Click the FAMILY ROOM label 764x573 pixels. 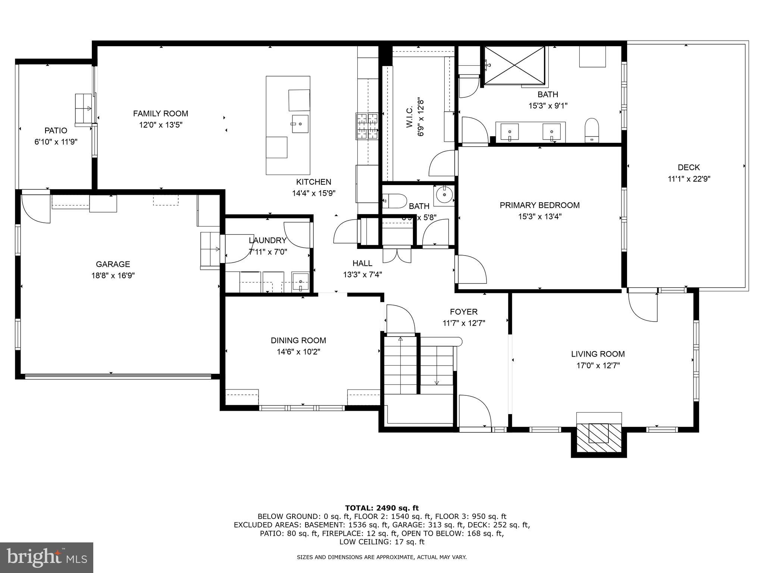click(x=160, y=113)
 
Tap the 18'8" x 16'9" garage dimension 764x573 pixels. click(x=113, y=276)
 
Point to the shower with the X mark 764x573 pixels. click(x=514, y=65)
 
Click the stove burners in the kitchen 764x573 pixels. click(x=368, y=126)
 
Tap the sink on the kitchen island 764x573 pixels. click(x=300, y=124)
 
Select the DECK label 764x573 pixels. click(x=689, y=167)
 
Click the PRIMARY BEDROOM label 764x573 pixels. click(x=539, y=205)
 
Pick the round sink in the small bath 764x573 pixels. click(x=444, y=194)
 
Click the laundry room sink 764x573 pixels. click(x=300, y=281)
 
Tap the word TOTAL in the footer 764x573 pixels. click(x=359, y=508)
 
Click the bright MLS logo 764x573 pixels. click(x=47, y=557)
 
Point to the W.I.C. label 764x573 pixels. click(x=409, y=117)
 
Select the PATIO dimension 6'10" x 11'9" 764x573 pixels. click(x=56, y=142)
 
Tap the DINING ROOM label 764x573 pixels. click(x=298, y=340)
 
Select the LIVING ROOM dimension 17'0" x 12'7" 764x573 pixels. click(x=598, y=366)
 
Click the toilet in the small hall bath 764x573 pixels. click(x=395, y=201)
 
